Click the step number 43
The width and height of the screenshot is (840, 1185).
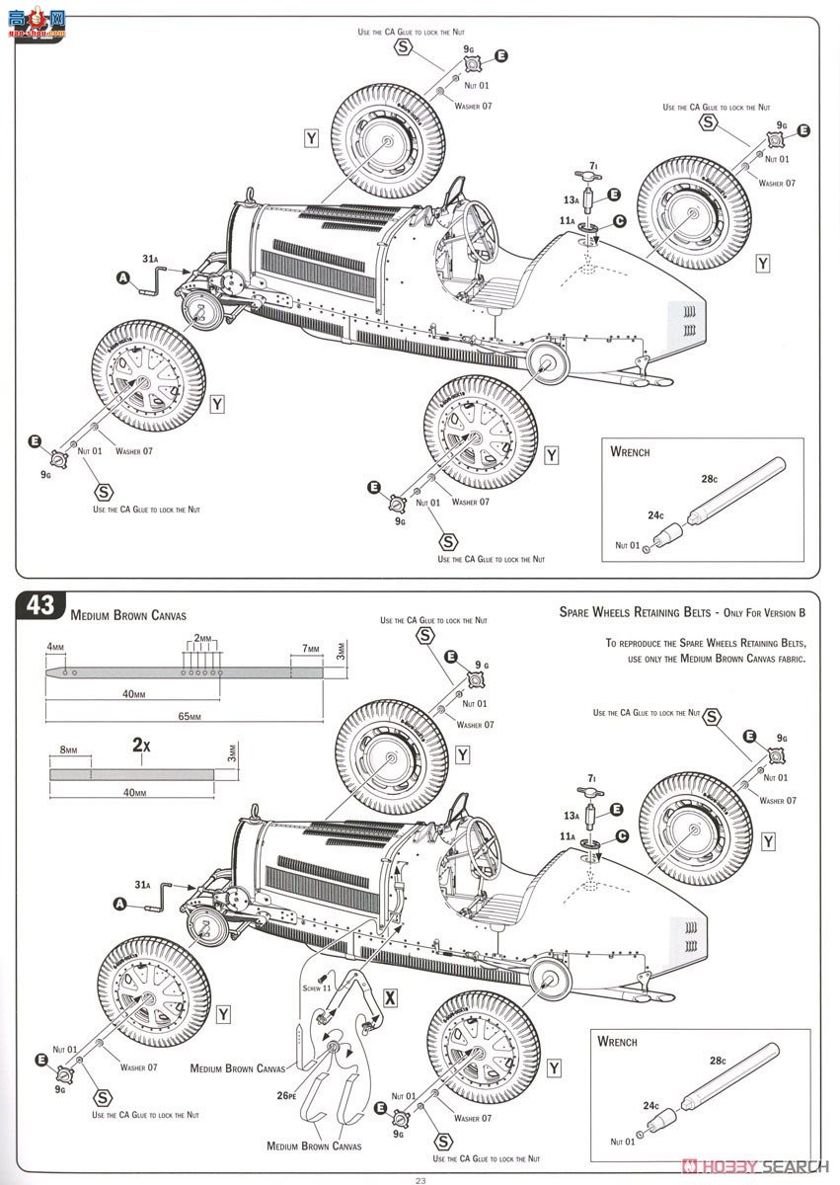coord(40,606)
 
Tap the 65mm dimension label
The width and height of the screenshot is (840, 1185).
coord(188,716)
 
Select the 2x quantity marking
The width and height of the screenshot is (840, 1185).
coord(141,746)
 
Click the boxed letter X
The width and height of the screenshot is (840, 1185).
coord(390,998)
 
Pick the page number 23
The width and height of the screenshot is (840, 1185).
coord(420,1179)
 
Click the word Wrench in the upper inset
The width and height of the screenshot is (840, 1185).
coord(630,451)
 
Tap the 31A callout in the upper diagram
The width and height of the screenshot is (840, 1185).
coord(150,259)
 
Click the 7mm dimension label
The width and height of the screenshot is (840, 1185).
coord(311,650)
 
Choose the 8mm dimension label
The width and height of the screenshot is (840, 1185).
coord(67,750)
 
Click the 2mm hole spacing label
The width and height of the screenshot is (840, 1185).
coord(204,638)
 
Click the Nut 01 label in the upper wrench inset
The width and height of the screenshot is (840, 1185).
coord(628,544)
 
